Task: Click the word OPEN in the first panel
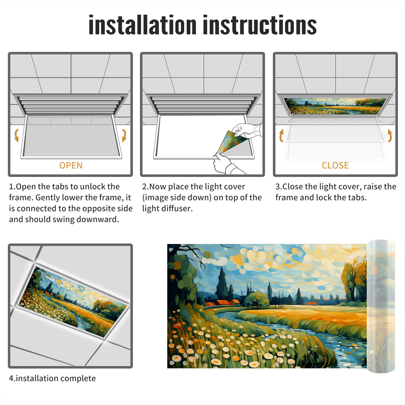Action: (71, 166)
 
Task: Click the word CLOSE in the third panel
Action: (335, 166)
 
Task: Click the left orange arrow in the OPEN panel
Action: (16, 135)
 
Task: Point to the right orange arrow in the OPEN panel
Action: (124, 135)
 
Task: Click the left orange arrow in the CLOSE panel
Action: (281, 135)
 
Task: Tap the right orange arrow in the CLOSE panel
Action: (390, 135)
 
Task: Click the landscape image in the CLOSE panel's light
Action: (335, 106)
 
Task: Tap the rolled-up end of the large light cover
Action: (381, 306)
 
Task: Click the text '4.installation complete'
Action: (52, 378)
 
